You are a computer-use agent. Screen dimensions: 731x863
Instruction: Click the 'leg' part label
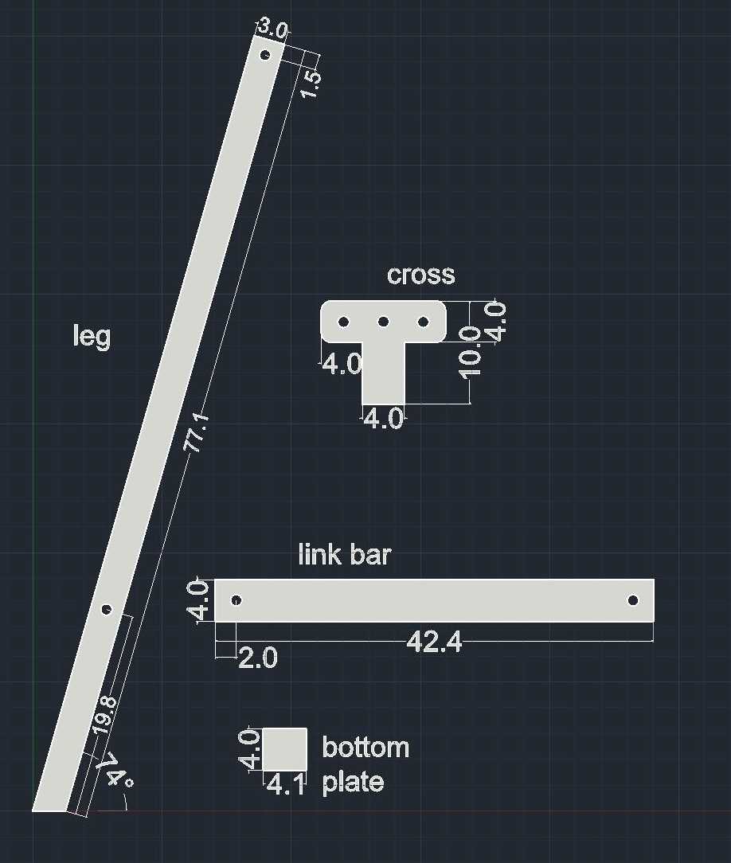[x=92, y=336]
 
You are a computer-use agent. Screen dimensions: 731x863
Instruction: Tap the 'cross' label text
[x=421, y=275]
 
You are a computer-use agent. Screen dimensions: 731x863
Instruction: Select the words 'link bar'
[x=345, y=554]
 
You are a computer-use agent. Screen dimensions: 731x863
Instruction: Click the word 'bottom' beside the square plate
[x=365, y=748]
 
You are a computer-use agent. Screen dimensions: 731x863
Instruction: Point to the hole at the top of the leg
[x=265, y=55]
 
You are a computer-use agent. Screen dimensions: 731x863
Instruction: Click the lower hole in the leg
[x=106, y=609]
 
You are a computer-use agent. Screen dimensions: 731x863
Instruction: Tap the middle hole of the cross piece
[x=384, y=322]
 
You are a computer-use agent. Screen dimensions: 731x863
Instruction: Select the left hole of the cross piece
[x=343, y=322]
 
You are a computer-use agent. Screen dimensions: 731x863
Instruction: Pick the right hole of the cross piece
[x=424, y=322]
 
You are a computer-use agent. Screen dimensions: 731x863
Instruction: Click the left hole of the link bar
[x=236, y=600]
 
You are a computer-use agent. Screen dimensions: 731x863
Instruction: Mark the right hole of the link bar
[x=633, y=600]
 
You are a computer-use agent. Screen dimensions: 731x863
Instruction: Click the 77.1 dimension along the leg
[x=197, y=432]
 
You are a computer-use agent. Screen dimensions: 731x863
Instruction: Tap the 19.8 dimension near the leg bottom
[x=104, y=715]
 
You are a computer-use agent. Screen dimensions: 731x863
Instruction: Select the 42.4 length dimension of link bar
[x=434, y=642]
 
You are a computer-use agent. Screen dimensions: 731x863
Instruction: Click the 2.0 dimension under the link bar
[x=258, y=658]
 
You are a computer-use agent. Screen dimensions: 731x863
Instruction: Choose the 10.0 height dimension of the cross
[x=471, y=352]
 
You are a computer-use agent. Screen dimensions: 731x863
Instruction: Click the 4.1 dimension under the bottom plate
[x=286, y=785]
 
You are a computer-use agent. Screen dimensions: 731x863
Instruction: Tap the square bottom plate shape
[x=284, y=749]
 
